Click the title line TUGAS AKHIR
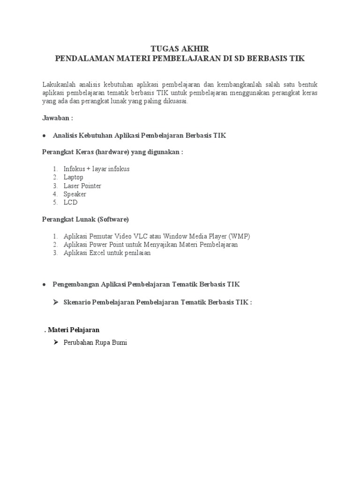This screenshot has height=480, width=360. [x=180, y=49]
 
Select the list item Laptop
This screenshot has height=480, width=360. [x=74, y=177]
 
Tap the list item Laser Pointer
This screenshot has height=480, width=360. [x=82, y=186]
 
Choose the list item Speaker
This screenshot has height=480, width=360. [x=75, y=194]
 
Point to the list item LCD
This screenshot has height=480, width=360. [x=70, y=202]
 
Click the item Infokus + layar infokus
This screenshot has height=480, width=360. [x=97, y=169]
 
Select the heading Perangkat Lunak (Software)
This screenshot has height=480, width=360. [x=85, y=219]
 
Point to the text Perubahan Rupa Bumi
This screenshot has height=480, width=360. [x=95, y=343]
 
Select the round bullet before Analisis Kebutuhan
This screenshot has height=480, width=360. [x=44, y=135]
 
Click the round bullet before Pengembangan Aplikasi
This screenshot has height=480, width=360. [x=44, y=285]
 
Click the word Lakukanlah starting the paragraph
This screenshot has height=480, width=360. [x=59, y=84]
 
